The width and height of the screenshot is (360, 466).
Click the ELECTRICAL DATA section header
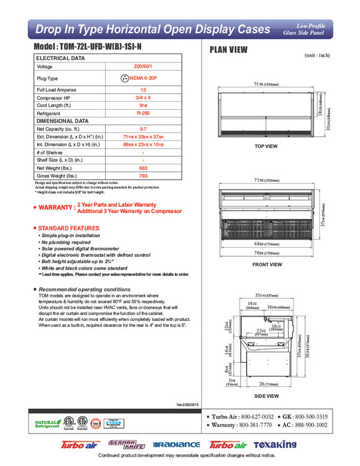(x=61, y=59)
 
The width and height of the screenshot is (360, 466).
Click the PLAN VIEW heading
(x=230, y=49)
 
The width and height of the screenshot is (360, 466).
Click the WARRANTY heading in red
(x=53, y=208)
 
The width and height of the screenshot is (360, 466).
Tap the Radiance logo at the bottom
(x=176, y=444)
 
